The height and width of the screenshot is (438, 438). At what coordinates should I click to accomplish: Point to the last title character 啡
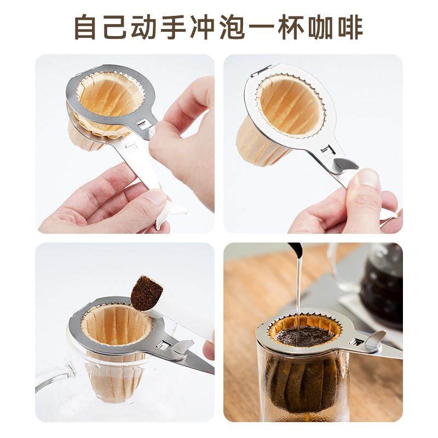click(349, 27)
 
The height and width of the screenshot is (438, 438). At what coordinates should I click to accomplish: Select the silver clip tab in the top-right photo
click(346, 164)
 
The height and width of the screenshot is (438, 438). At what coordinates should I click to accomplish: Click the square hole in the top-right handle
click(327, 149)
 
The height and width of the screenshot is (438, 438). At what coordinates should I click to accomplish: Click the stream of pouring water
click(298, 296)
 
